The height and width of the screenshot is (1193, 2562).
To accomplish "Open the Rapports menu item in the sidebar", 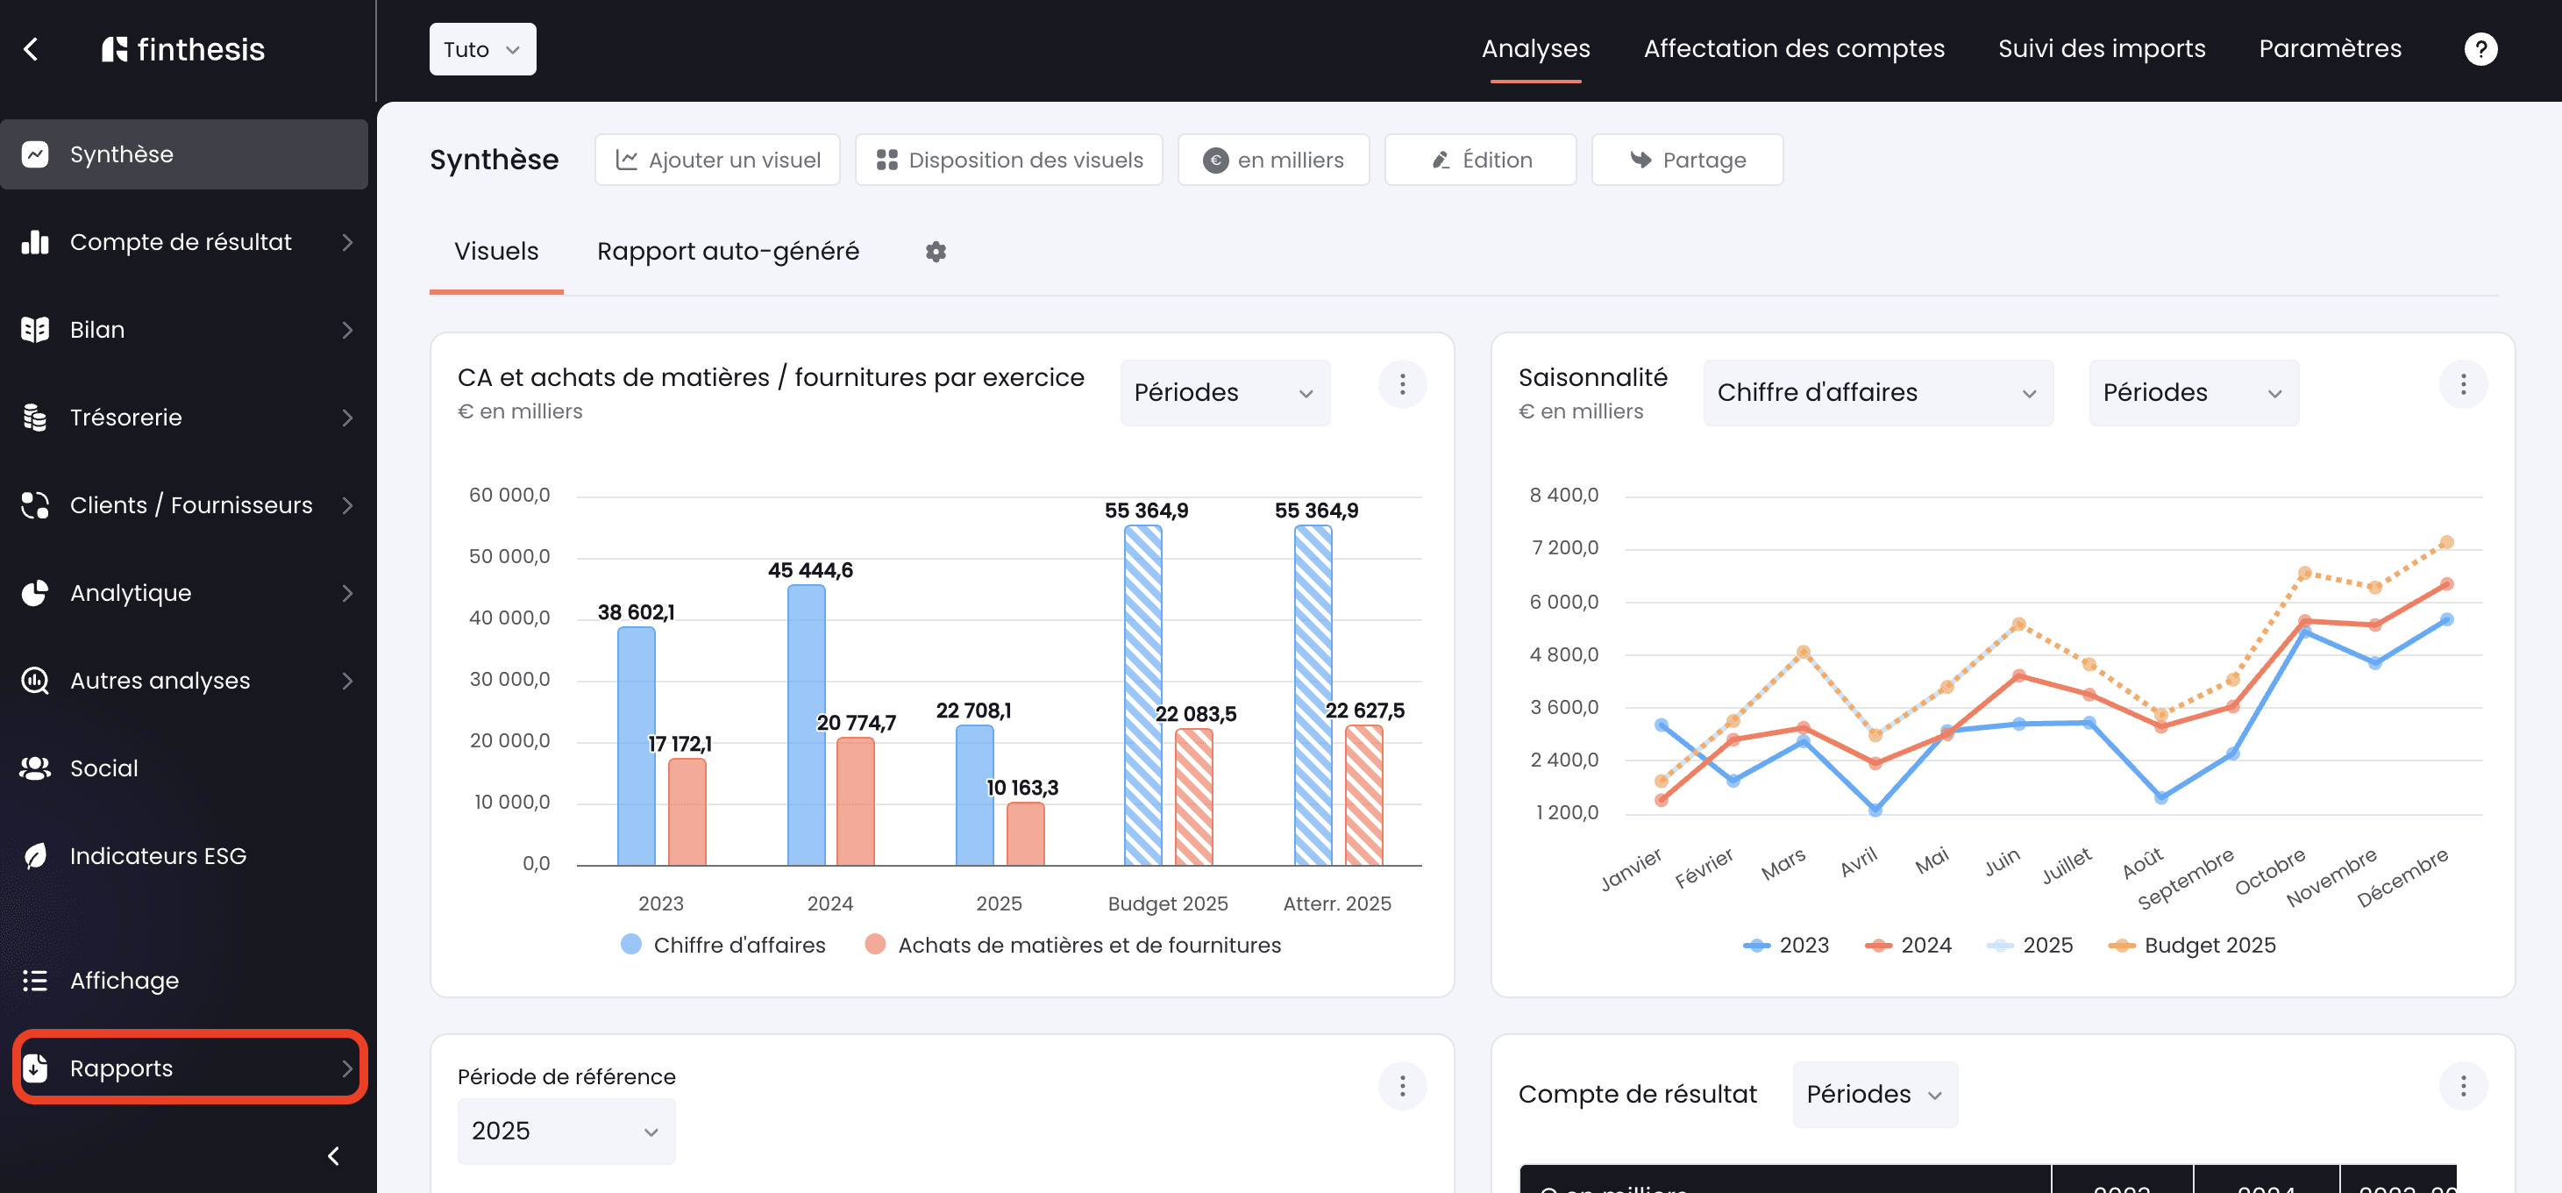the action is pyautogui.click(x=189, y=1068).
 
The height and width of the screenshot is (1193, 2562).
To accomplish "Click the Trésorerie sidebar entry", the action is pyautogui.click(x=186, y=418).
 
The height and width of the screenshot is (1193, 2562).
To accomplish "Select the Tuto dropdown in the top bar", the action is pyautogui.click(x=482, y=49).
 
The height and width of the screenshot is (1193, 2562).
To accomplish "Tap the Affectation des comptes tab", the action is pyautogui.click(x=1793, y=49).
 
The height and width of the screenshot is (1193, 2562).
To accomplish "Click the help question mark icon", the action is pyautogui.click(x=2480, y=49).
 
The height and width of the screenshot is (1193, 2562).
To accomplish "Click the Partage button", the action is pyautogui.click(x=1687, y=161).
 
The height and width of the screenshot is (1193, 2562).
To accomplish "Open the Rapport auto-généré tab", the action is pyautogui.click(x=728, y=252).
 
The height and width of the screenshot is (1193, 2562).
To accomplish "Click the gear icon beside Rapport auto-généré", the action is pyautogui.click(x=935, y=252).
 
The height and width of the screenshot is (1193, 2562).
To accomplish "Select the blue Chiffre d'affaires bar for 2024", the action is pyautogui.click(x=806, y=725).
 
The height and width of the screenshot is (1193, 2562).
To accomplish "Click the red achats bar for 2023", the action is pyautogui.click(x=687, y=812).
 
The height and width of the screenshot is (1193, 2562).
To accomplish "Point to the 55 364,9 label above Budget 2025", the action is pyautogui.click(x=1146, y=511).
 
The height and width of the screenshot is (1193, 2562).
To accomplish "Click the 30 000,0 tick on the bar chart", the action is pyautogui.click(x=509, y=680).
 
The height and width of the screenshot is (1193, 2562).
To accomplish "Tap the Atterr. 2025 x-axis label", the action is pyautogui.click(x=1337, y=904).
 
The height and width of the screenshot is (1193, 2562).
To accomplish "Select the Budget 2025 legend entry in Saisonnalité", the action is pyautogui.click(x=2192, y=946).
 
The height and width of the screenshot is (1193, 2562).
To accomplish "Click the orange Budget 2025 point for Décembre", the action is pyautogui.click(x=2446, y=543).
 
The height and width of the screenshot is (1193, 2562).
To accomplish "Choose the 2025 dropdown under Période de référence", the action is pyautogui.click(x=566, y=1132).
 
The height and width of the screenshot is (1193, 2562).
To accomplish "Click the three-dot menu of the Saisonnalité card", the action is pyautogui.click(x=2463, y=385).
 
